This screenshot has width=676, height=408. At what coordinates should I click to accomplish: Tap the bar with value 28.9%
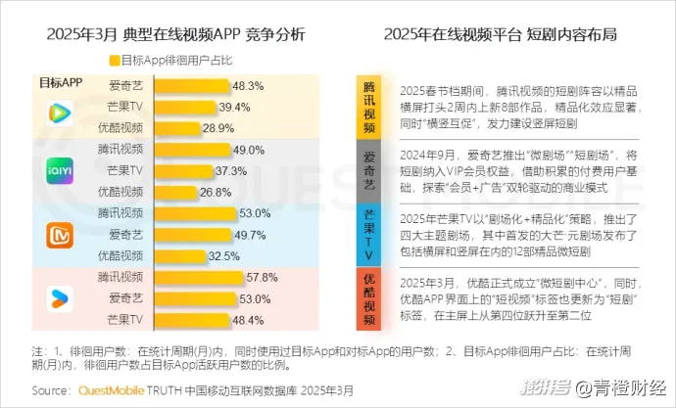175,127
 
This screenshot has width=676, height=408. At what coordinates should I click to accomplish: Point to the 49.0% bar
189,149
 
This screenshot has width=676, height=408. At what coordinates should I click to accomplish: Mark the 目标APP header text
60,82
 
